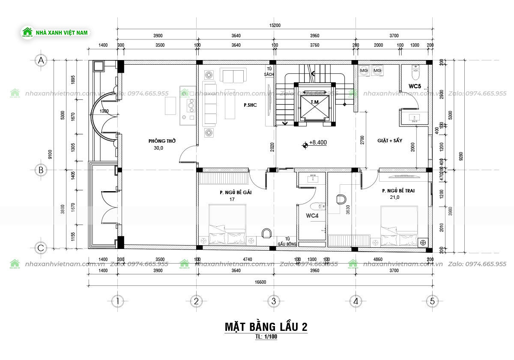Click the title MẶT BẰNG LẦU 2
click(x=266, y=327)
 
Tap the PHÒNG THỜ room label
click(x=162, y=141)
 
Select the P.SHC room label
click(x=250, y=105)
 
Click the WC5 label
click(x=415, y=86)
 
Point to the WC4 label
click(x=312, y=216)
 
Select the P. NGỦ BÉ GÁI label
click(x=235, y=192)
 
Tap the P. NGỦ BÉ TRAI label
click(x=398, y=191)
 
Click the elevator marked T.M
click(x=315, y=103)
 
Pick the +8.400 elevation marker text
click(x=317, y=142)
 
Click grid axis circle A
click(x=41, y=60)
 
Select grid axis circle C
click(x=41, y=248)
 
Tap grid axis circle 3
click(x=273, y=301)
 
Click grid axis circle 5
click(x=432, y=301)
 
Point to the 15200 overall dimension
click(x=275, y=25)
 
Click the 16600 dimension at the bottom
click(x=261, y=282)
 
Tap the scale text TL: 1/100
click(x=266, y=337)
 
